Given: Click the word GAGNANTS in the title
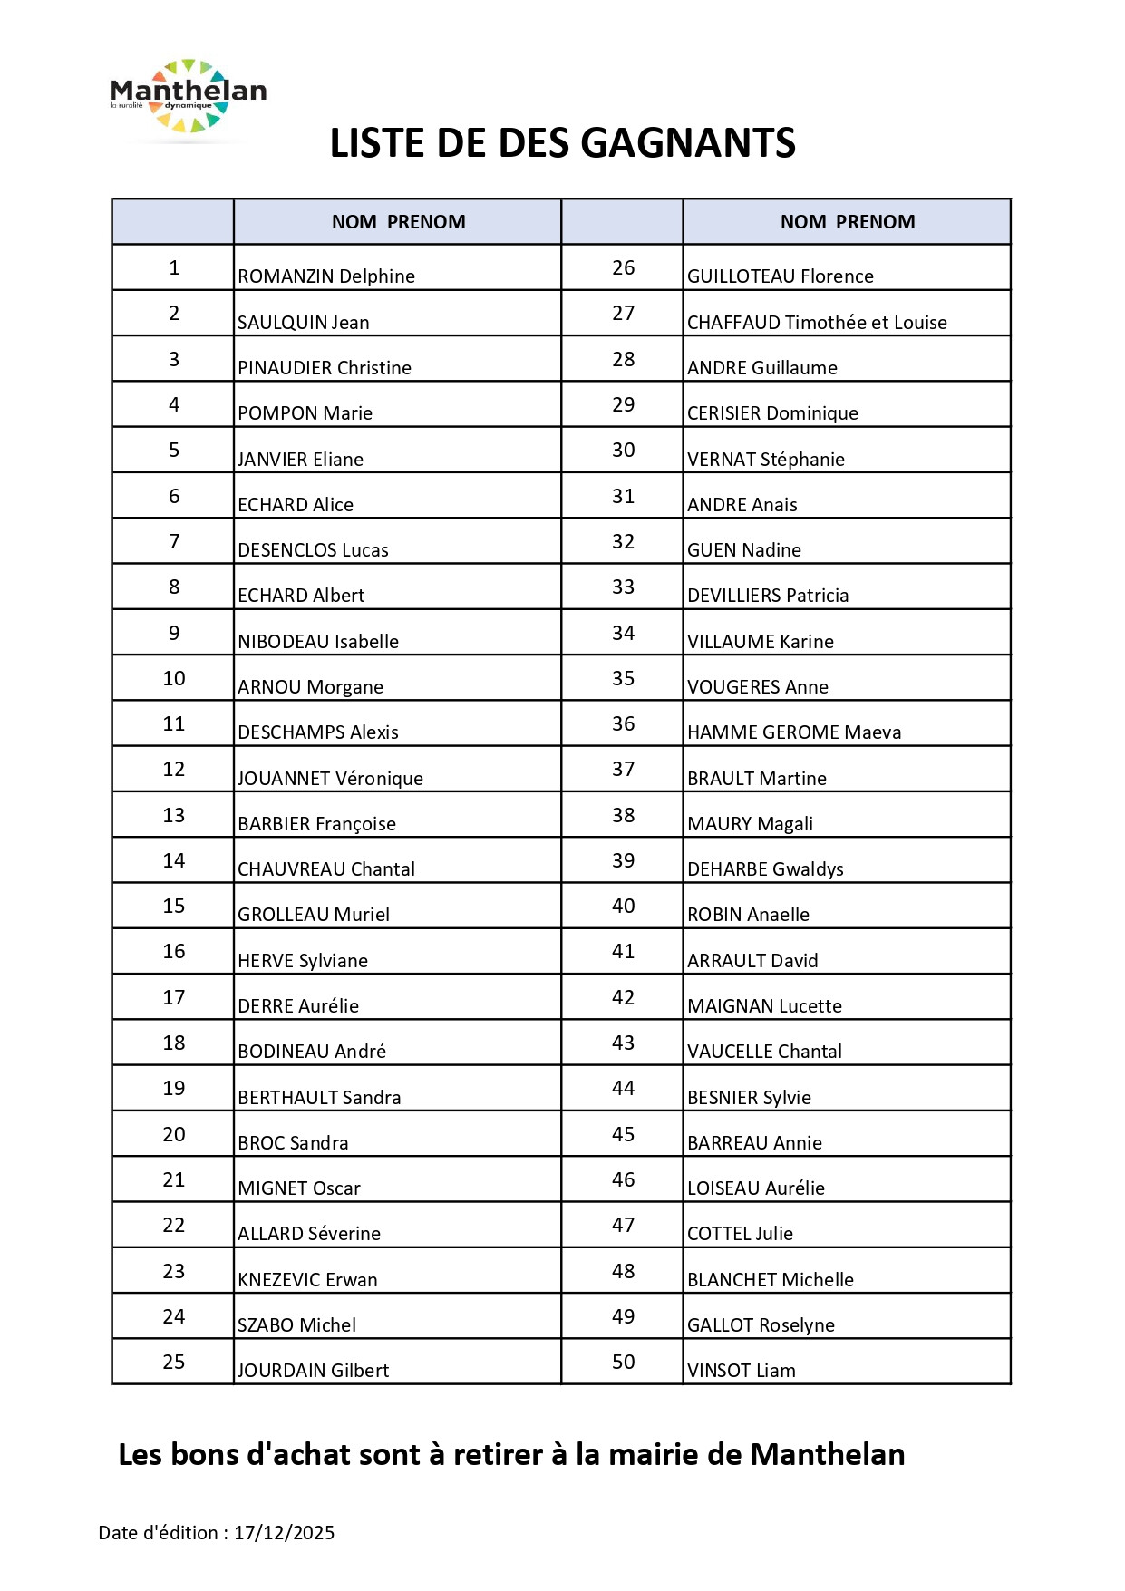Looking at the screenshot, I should pos(687,143).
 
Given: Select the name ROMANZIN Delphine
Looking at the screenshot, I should pos(326,276).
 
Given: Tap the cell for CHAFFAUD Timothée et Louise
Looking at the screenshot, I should pos(817,322).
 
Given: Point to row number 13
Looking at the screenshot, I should pos(174,815).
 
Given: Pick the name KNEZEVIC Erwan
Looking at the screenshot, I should pos(307,1279).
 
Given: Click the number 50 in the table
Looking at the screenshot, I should pos(623,1362).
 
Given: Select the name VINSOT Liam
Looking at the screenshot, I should pos(742,1370).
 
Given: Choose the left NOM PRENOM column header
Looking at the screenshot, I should pos(398,222).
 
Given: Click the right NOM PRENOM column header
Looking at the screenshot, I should pos(848,222).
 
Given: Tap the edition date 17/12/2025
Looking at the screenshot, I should pos(285,1532).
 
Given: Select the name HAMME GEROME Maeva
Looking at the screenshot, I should pos(794,732).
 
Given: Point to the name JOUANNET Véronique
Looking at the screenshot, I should pos(330,778).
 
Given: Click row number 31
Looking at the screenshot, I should pos(623,496).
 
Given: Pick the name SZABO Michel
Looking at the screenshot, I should pos(296,1324).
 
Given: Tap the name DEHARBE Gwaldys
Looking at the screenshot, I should pos(765,868).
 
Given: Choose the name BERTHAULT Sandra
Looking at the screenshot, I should pos(319,1097).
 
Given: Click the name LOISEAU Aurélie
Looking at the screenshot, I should pos(756,1188).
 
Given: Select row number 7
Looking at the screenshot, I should pos(174,541).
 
